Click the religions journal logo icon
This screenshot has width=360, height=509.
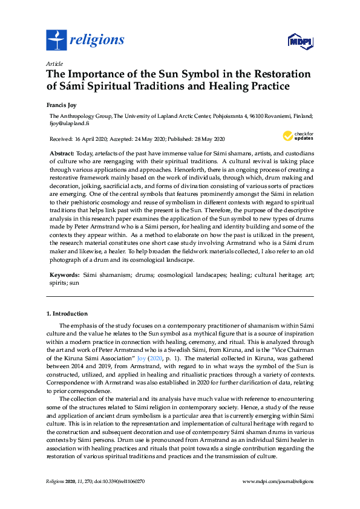coord(56,41)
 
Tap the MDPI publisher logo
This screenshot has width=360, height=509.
coord(300,41)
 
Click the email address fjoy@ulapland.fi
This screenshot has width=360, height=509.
coord(70,123)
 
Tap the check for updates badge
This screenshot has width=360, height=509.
coord(298,135)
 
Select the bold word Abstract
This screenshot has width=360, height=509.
coord(62,154)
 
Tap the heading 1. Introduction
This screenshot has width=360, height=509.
coord(67,314)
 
